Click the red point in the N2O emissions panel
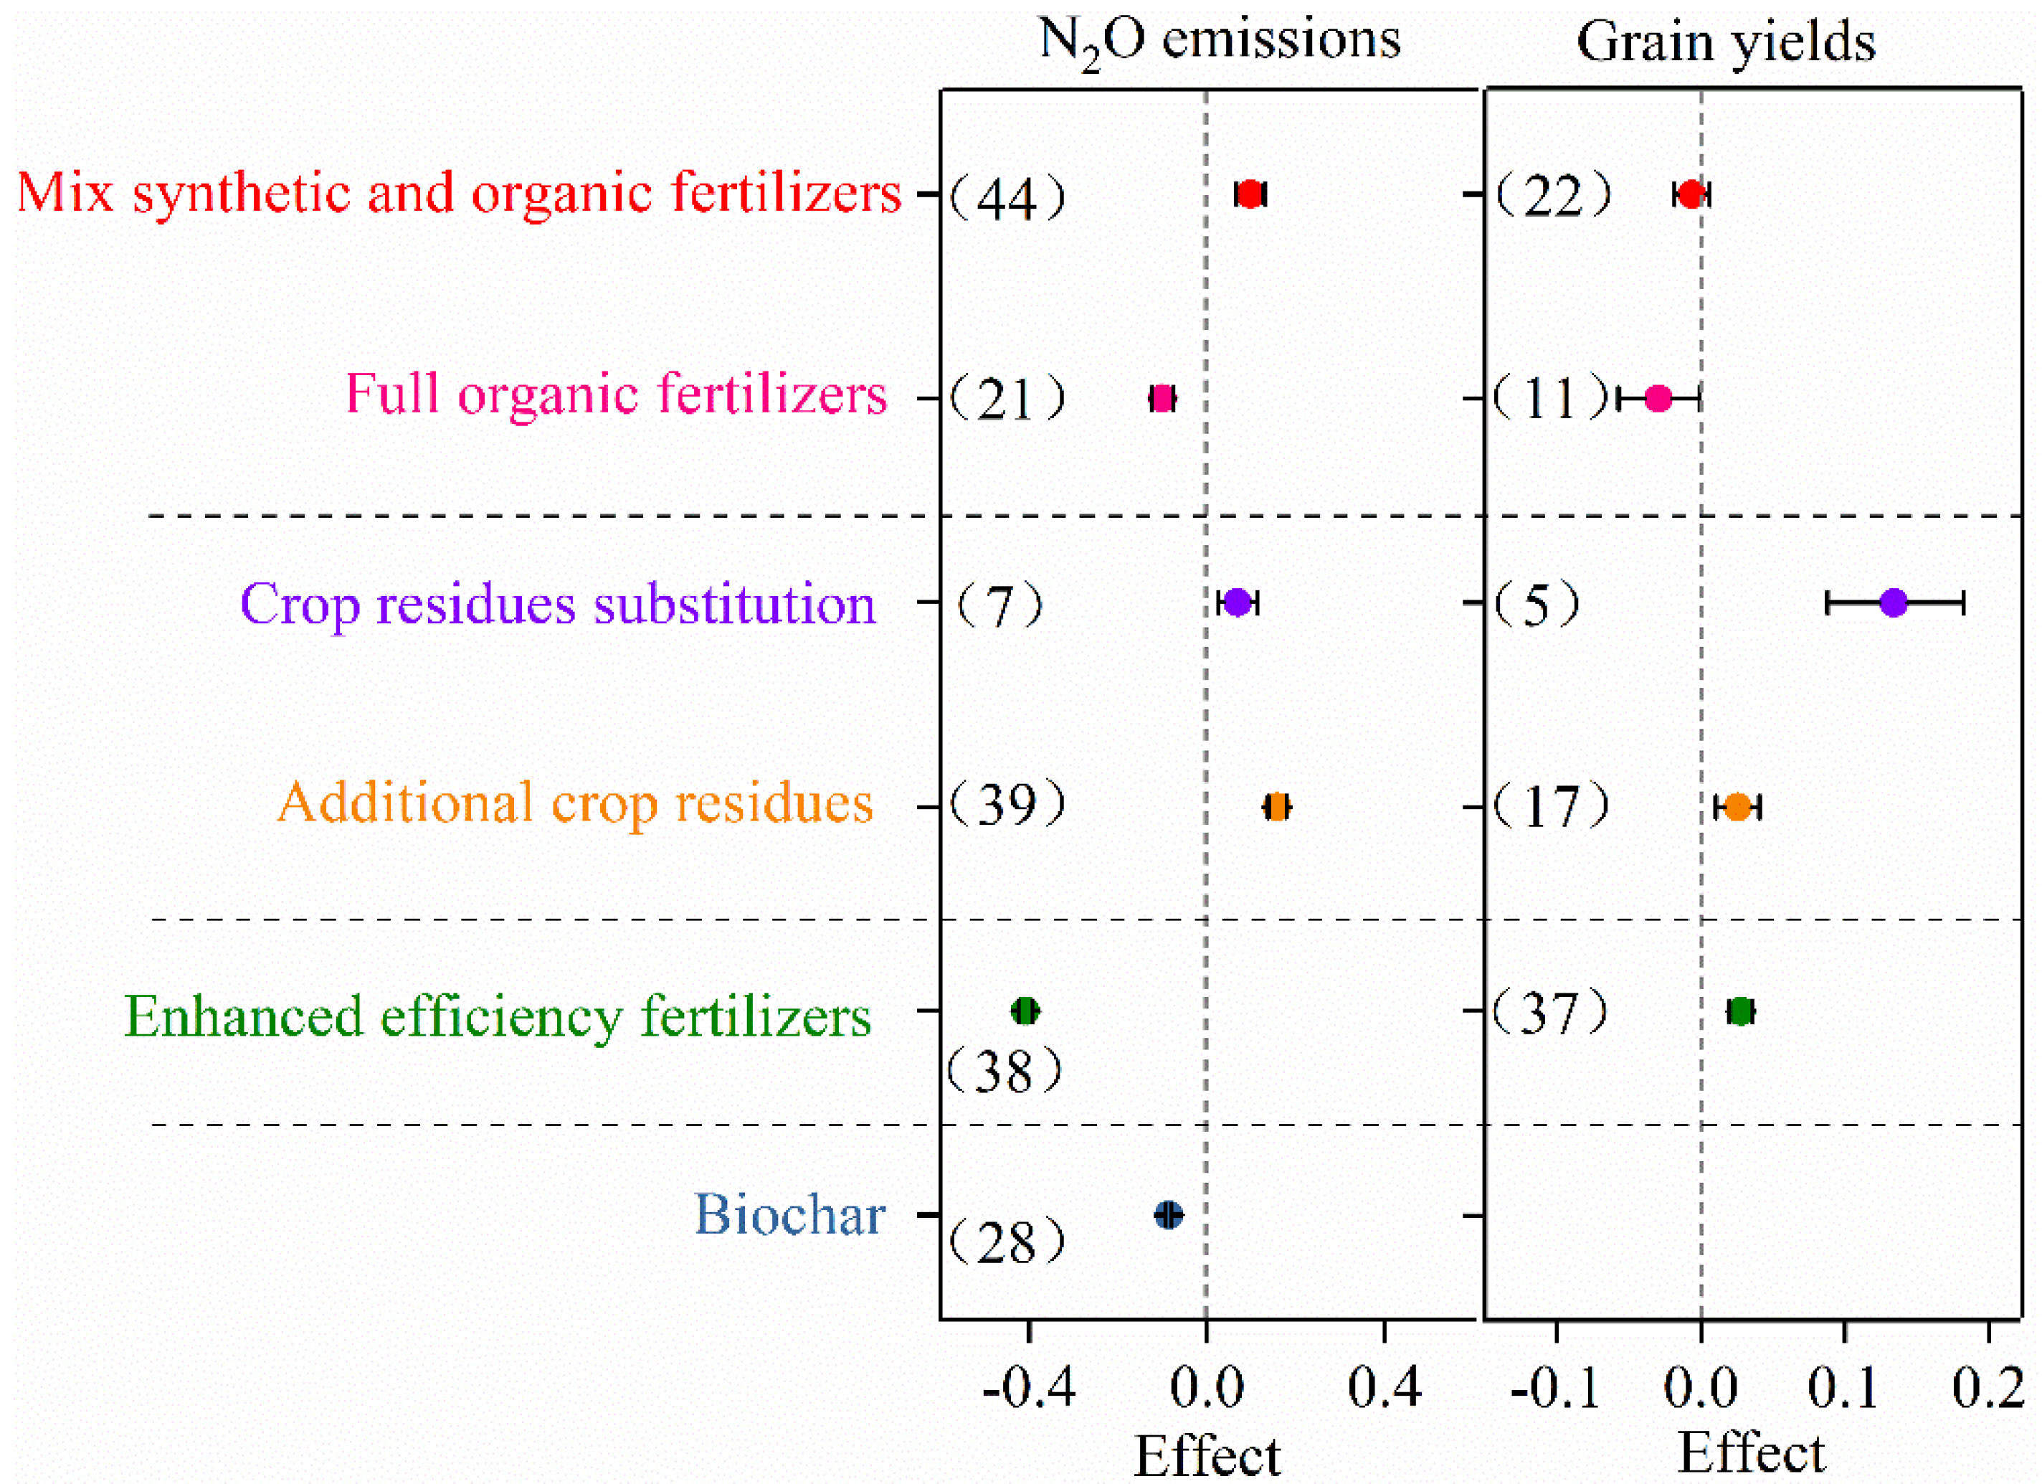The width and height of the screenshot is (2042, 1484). tap(1250, 194)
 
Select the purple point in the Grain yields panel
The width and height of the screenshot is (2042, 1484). tap(1894, 602)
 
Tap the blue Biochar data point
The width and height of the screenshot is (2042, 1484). tap(1169, 1216)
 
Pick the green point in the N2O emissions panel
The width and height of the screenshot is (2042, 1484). tap(1025, 1011)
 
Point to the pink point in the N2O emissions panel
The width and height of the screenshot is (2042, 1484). tap(1162, 398)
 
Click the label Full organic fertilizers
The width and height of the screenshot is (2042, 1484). tap(616, 394)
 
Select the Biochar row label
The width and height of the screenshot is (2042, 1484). tap(789, 1215)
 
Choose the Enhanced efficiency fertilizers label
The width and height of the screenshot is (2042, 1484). tap(497, 1018)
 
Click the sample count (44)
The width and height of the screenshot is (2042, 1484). tap(1007, 198)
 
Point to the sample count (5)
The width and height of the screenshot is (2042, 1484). tap(1537, 603)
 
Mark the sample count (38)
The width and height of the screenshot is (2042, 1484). tap(1005, 1072)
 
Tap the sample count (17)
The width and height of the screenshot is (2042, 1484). tap(1550, 806)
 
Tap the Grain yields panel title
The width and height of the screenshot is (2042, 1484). tap(1725, 42)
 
